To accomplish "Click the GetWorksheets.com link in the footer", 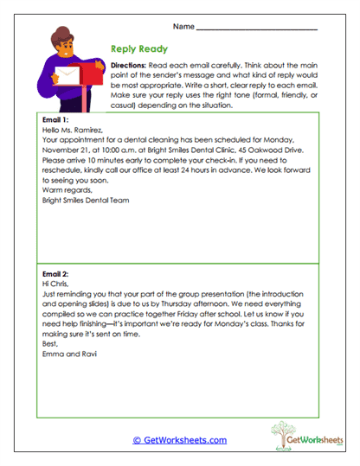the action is click(179, 440).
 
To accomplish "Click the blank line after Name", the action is click(257, 29).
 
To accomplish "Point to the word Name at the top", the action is click(183, 26).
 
